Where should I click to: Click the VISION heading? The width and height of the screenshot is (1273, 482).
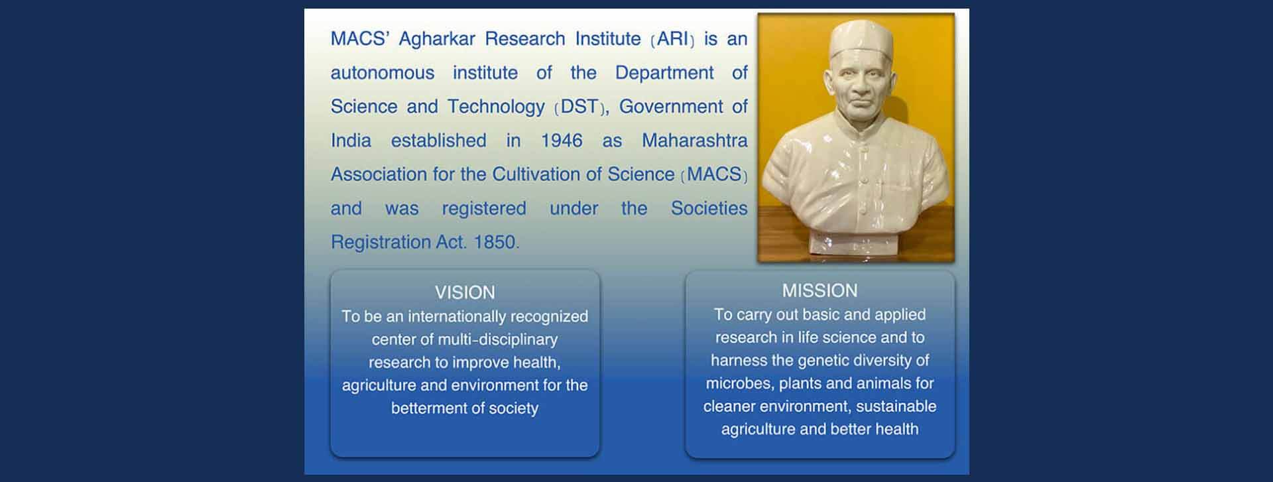tap(465, 292)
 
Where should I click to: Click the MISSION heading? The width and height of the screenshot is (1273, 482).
tap(819, 290)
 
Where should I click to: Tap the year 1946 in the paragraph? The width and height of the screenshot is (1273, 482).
tap(562, 141)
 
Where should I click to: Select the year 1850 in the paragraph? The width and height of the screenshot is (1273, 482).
tap(495, 242)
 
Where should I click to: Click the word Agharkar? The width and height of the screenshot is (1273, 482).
tap(437, 39)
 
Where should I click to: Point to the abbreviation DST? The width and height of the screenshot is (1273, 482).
tap(579, 107)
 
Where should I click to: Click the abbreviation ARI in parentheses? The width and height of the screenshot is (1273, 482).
tap(673, 38)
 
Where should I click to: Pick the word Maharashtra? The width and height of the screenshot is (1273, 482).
tap(695, 141)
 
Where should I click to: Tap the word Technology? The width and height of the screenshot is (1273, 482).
tap(496, 107)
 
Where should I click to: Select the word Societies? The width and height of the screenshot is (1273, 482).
tap(709, 208)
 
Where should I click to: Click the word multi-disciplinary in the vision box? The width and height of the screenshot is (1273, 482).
tap(498, 340)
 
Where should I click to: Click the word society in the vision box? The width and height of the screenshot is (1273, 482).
tap(513, 408)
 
